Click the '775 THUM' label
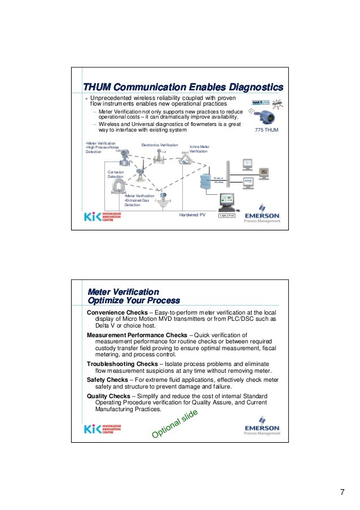267,130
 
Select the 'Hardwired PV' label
192,215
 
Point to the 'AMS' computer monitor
248,180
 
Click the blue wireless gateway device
204,181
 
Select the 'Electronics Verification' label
159,145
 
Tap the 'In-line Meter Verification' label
199,149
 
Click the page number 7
342,490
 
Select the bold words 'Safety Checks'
106,380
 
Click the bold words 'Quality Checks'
108,396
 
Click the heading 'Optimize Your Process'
133,300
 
